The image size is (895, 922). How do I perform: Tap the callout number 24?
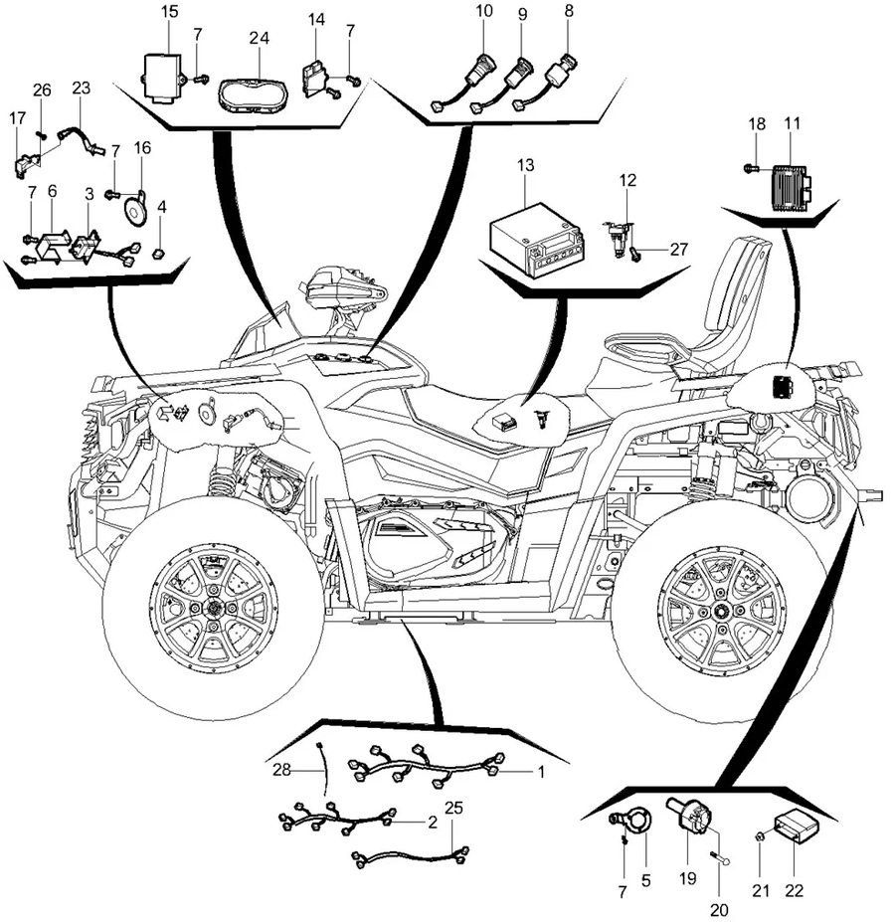(260, 38)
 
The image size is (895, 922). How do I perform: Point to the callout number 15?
(169, 12)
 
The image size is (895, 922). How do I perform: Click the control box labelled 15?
(161, 72)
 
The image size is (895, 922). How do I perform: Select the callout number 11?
(792, 124)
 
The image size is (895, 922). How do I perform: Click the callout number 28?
(281, 769)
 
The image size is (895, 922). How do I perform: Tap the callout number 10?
(483, 12)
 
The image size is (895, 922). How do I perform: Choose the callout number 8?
(569, 12)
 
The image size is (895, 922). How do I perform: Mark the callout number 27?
(679, 250)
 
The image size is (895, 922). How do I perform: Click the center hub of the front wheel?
(212, 609)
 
